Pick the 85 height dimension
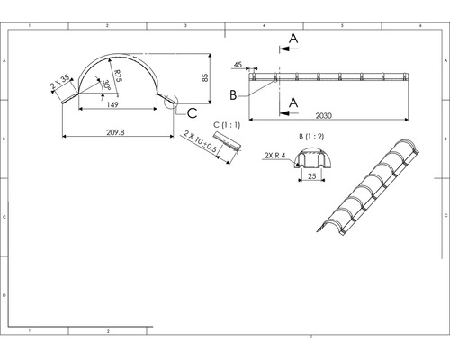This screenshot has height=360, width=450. point(206,76)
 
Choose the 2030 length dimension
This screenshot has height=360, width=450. point(349,115)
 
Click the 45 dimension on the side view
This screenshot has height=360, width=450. point(238,65)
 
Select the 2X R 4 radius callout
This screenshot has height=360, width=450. point(274,156)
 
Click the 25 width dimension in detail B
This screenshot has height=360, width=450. point(310,177)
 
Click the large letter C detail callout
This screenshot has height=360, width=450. point(192,112)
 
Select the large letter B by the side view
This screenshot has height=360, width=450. point(232,94)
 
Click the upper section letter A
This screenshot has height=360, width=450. point(294,37)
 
